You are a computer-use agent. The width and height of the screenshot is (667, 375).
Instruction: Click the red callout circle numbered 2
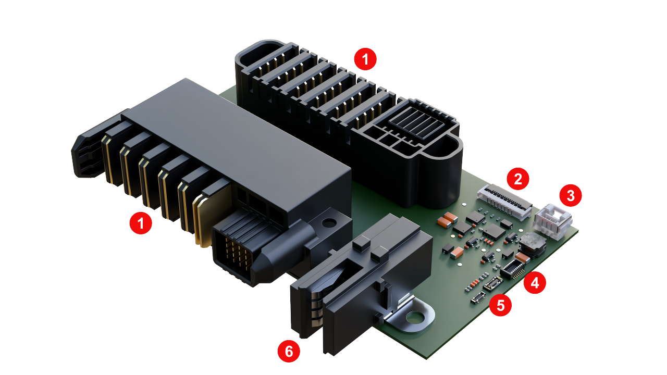pyautogui.click(x=518, y=179)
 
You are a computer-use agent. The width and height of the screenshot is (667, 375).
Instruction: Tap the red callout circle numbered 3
pyautogui.click(x=571, y=195)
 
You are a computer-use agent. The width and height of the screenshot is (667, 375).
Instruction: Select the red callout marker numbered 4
pyautogui.click(x=535, y=282)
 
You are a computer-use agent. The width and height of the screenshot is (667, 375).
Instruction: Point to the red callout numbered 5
pyautogui.click(x=501, y=305)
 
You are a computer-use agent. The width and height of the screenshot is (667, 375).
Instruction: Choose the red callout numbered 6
pyautogui.click(x=289, y=351)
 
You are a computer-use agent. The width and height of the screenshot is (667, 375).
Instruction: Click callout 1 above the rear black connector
pyautogui.click(x=365, y=59)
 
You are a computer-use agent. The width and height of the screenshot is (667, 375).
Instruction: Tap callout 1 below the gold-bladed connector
pyautogui.click(x=141, y=223)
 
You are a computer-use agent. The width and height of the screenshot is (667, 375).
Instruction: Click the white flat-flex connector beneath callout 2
pyautogui.click(x=504, y=203)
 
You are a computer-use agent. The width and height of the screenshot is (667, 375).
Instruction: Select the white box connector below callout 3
pyautogui.click(x=553, y=221)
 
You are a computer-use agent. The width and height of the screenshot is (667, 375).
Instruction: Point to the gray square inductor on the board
pyautogui.click(x=533, y=244)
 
